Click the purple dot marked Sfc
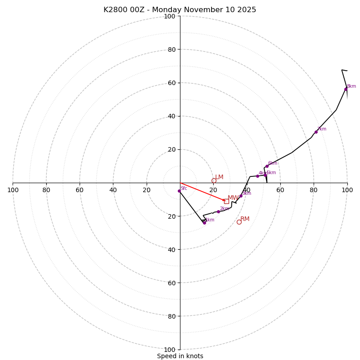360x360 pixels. pyautogui.click(x=179, y=191)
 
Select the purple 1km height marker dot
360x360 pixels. pyautogui.click(x=204, y=223)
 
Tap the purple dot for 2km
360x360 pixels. pyautogui.click(x=218, y=211)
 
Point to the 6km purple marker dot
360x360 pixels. pyautogui.click(x=267, y=166)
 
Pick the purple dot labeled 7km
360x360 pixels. pyautogui.click(x=316, y=132)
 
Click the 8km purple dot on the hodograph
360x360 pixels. pyautogui.click(x=346, y=89)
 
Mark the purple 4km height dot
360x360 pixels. pyautogui.click(x=257, y=176)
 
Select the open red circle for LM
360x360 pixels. pyautogui.click(x=214, y=180)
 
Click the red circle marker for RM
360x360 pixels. pyautogui.click(x=239, y=222)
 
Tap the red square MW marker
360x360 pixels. pyautogui.click(x=226, y=201)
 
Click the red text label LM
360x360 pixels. pyautogui.click(x=219, y=177)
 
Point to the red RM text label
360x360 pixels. pyautogui.click(x=245, y=219)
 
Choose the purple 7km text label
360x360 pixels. pyautogui.click(x=322, y=129)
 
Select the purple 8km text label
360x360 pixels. pyautogui.click(x=351, y=86)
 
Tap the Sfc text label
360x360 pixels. pyautogui.click(x=184, y=188)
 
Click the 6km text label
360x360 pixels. pyautogui.click(x=273, y=163)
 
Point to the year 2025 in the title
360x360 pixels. pyautogui.click(x=247, y=10)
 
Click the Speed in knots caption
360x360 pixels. pyautogui.click(x=180, y=356)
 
